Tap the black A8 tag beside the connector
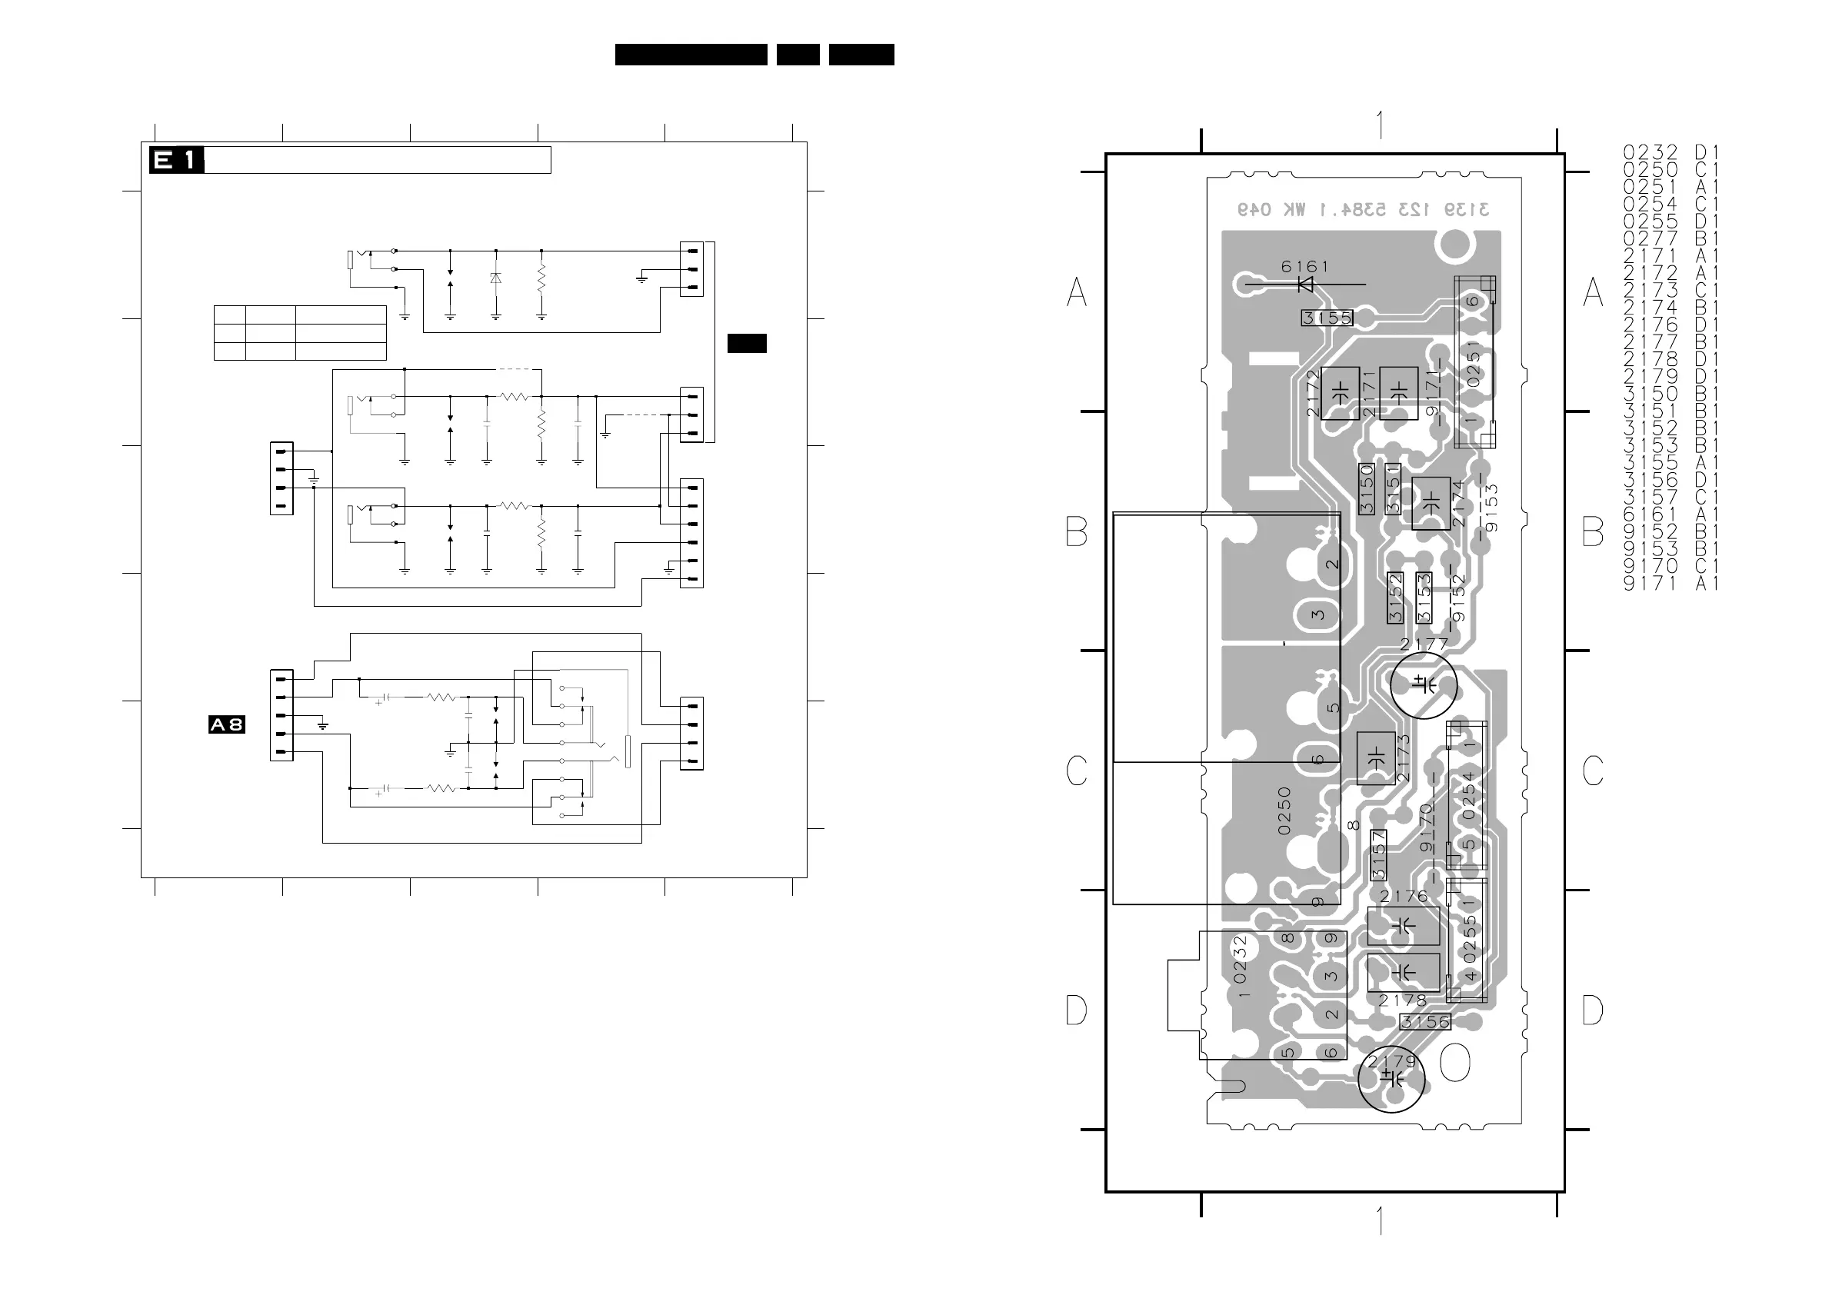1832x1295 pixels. (x=227, y=724)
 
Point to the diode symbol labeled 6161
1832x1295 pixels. (x=1306, y=284)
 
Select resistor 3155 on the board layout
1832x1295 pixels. (x=1327, y=318)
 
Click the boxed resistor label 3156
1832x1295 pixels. (x=1425, y=1022)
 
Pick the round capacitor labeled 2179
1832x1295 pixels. (x=1391, y=1079)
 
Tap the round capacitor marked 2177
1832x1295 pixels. (x=1424, y=684)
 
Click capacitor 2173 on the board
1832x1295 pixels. (x=1376, y=757)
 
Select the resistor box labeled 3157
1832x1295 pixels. (x=1378, y=855)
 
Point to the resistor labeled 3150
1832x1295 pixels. (x=1367, y=489)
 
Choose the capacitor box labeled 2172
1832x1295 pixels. (x=1341, y=392)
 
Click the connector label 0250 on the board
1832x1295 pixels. (x=1284, y=811)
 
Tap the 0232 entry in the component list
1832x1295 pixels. (x=1650, y=152)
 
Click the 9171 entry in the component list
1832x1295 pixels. (x=1650, y=583)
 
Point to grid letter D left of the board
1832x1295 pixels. (x=1077, y=1011)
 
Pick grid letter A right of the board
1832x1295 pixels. (x=1593, y=292)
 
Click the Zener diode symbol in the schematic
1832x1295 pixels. (x=495, y=278)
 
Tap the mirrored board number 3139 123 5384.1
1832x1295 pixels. (x=1363, y=210)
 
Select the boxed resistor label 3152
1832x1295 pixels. (x=1394, y=598)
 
